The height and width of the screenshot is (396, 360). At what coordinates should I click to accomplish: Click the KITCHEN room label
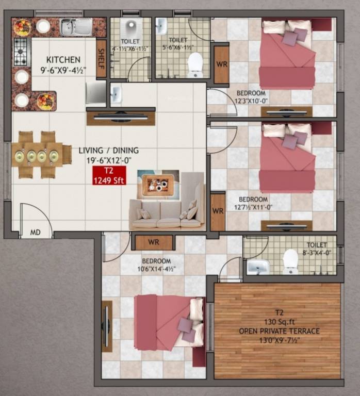pyautogui.click(x=63, y=59)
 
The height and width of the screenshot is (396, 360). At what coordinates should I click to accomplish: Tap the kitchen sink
pyautogui.click(x=76, y=27)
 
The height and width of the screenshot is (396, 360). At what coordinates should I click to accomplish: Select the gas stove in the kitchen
pyautogui.click(x=21, y=52)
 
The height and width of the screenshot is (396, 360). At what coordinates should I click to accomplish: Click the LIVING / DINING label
pyautogui.click(x=108, y=150)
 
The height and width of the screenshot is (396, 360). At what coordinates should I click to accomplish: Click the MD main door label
pyautogui.click(x=35, y=233)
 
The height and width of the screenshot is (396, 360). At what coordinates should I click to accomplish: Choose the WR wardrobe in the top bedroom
pyautogui.click(x=221, y=64)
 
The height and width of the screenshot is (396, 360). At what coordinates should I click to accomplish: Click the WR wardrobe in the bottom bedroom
pyautogui.click(x=153, y=241)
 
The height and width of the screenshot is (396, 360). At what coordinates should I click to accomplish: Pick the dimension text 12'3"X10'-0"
pyautogui.click(x=252, y=101)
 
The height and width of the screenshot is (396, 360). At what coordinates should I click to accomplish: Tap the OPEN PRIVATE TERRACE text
pyautogui.click(x=279, y=331)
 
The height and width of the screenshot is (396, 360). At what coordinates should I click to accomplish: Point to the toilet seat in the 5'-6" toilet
pyautogui.click(x=195, y=64)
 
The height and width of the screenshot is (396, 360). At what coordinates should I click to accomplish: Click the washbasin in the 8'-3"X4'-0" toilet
pyautogui.click(x=257, y=266)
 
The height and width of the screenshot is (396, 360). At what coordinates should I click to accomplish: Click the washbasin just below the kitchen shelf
pyautogui.click(x=116, y=94)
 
